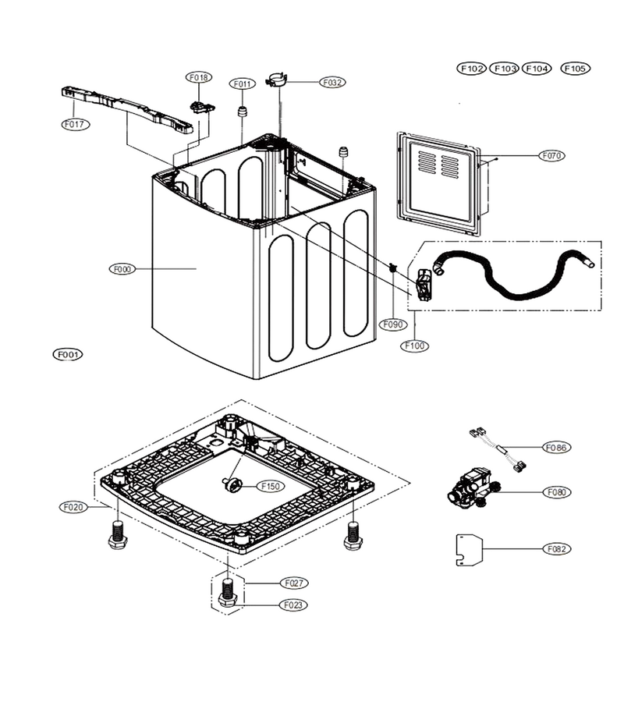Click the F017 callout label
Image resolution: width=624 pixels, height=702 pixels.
point(75,124)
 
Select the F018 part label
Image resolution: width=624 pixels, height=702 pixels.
point(199,77)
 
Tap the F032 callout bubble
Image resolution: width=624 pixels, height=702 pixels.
point(332,83)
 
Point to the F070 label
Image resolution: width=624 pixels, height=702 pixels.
point(551,156)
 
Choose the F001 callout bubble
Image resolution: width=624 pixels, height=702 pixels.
point(68,355)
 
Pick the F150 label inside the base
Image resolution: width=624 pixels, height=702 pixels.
point(271,486)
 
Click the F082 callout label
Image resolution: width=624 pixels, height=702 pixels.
point(557,549)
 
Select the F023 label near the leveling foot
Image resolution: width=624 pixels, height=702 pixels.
point(293,605)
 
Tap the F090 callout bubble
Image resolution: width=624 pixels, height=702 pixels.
point(393,324)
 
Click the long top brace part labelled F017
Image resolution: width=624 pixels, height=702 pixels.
point(127,110)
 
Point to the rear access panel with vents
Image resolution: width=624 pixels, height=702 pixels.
point(438,183)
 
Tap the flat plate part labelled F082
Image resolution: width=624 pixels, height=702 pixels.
point(470,550)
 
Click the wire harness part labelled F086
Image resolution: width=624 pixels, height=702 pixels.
point(498,449)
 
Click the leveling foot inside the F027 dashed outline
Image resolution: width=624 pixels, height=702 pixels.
point(229,592)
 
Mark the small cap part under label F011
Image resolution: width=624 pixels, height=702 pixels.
point(242,111)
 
